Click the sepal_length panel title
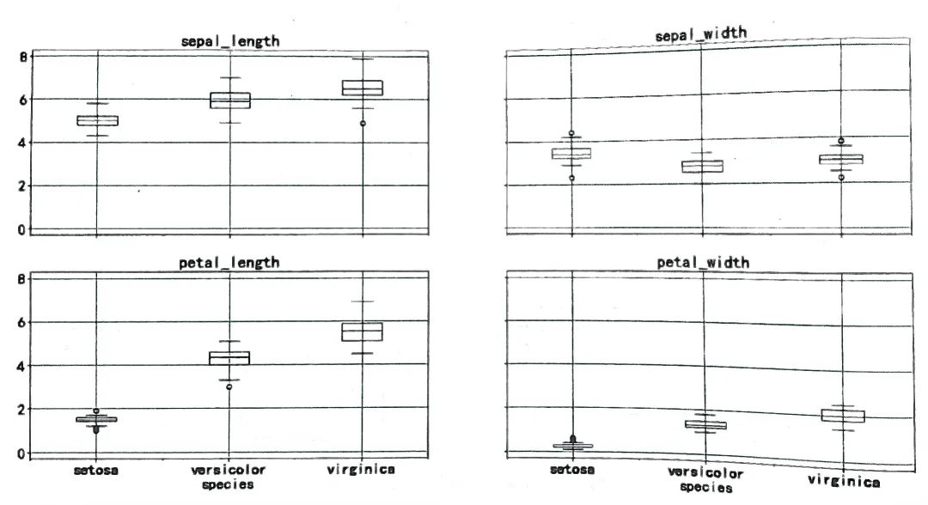229,40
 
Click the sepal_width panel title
700,34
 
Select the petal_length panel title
229,262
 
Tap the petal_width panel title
703,262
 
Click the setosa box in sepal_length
97,120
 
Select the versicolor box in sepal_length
229,100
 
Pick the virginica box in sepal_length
362,87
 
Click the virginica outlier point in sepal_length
363,124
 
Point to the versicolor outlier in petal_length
229,386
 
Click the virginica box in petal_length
362,332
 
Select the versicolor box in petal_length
229,357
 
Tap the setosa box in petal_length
96,419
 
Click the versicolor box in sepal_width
703,166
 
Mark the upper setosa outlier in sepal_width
571,134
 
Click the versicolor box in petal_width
705,424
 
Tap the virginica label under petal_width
844,482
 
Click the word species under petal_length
228,484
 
